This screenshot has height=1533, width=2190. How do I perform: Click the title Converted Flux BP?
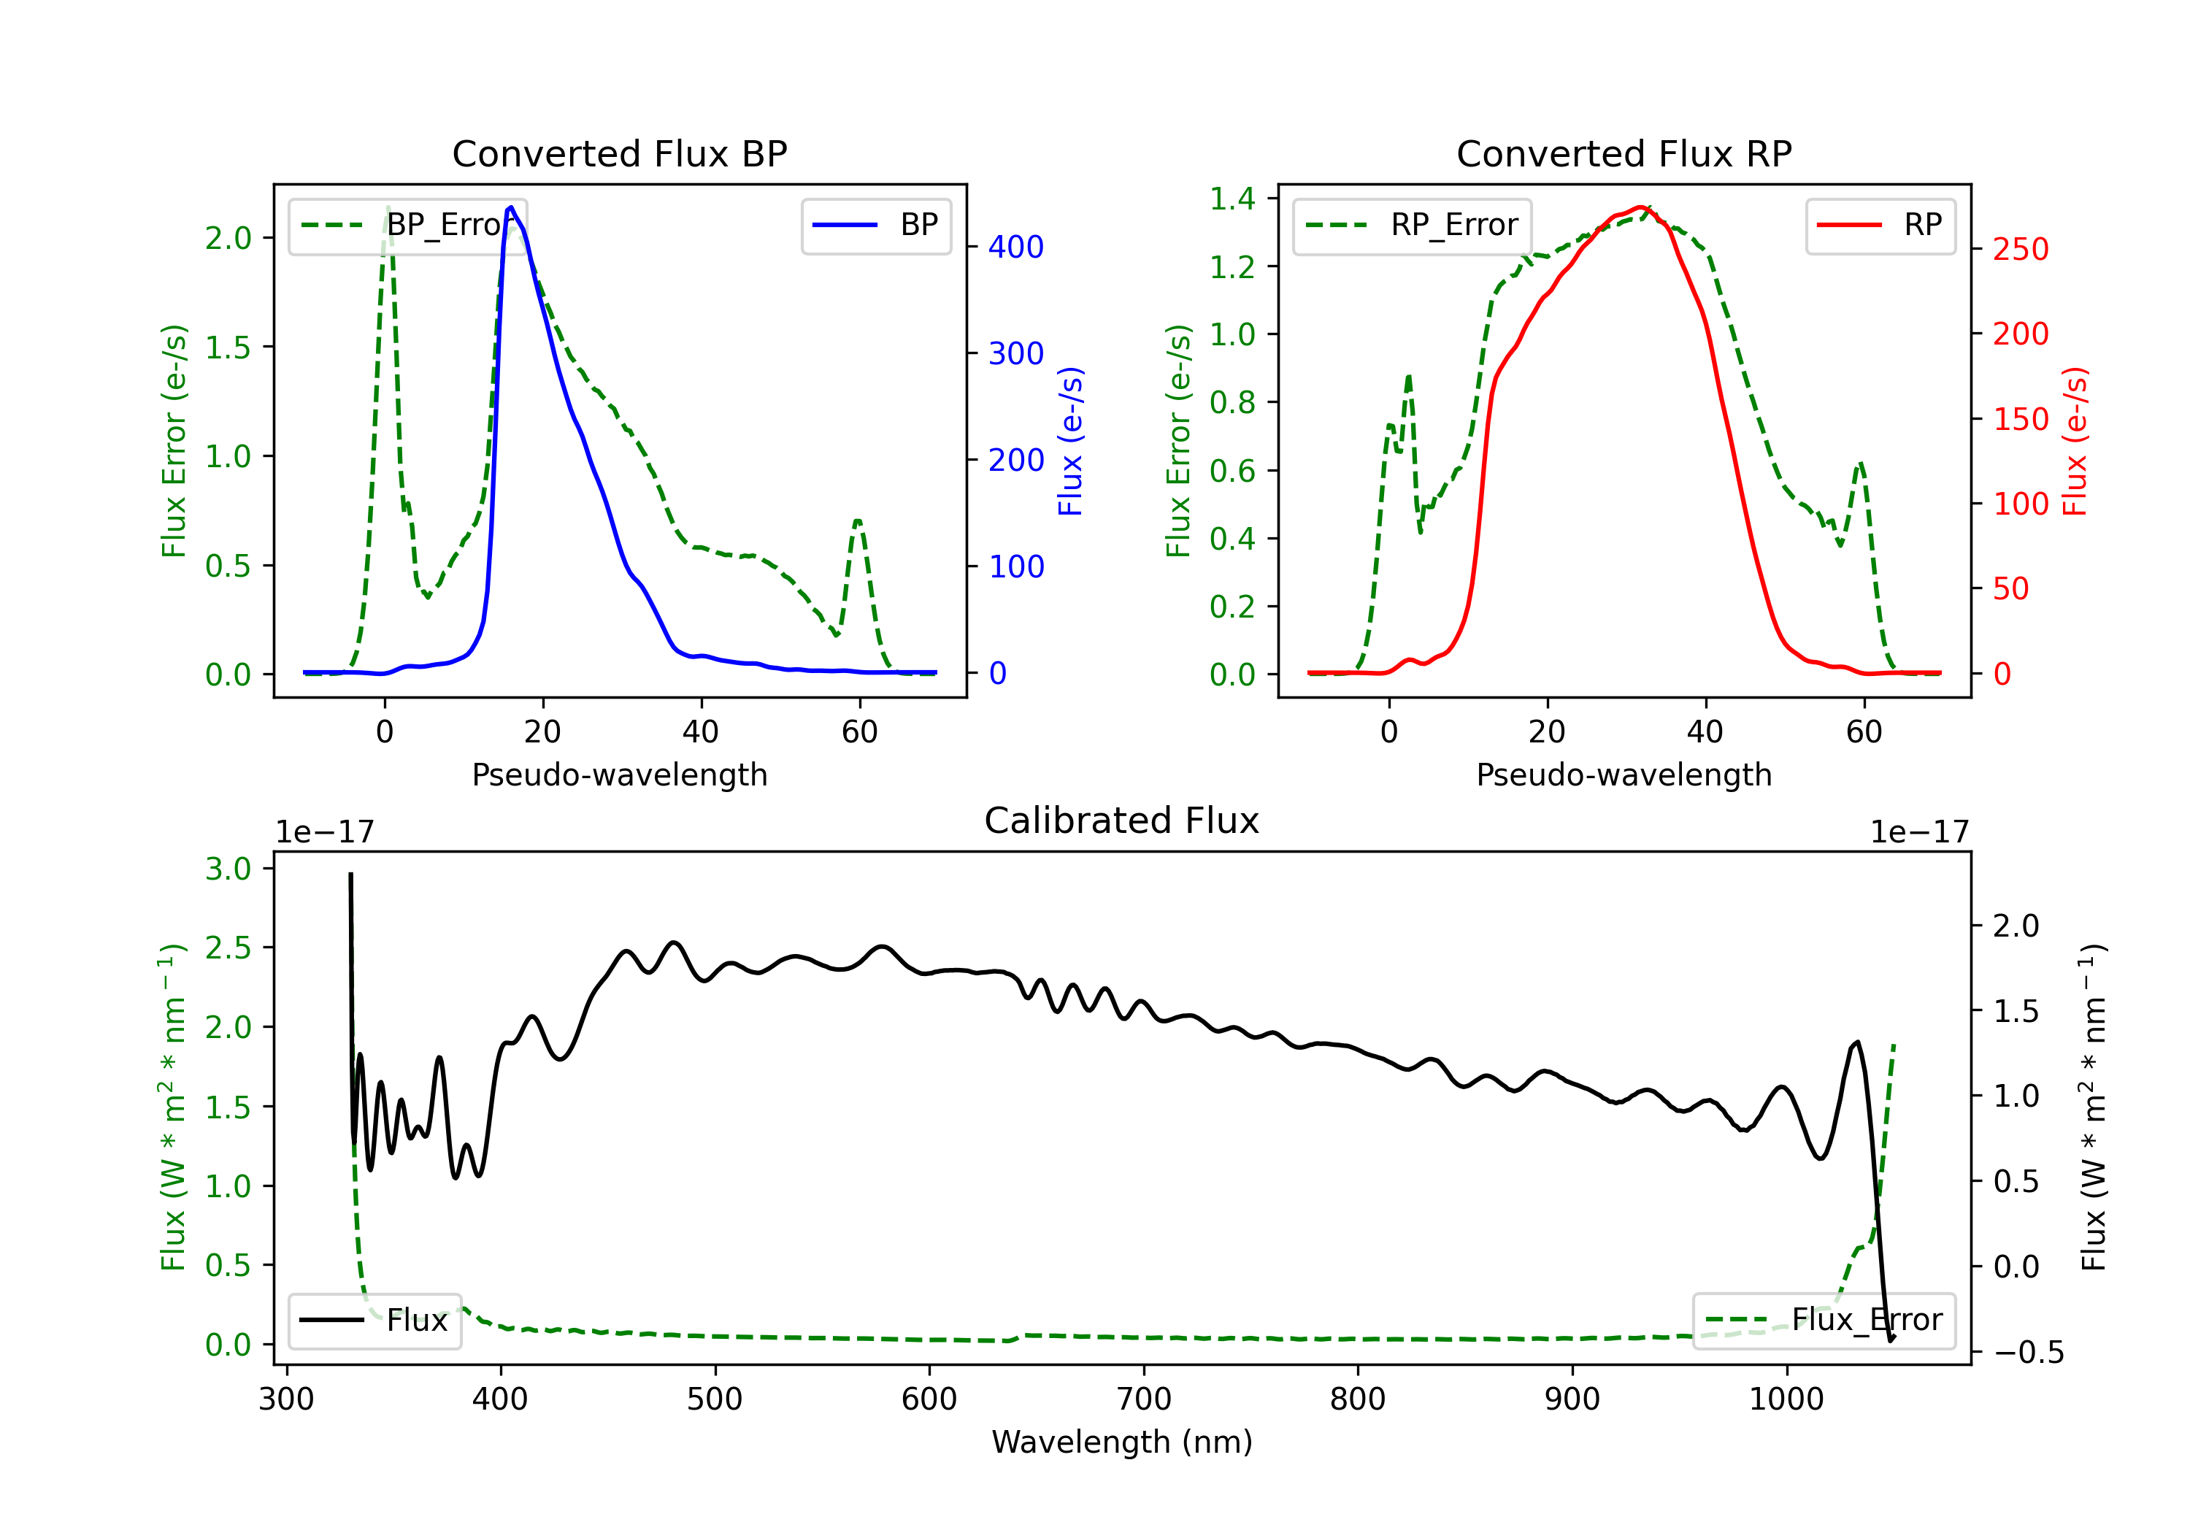point(620,153)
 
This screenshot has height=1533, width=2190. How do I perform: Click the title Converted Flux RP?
point(1624,153)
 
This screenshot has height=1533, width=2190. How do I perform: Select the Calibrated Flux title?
point(1122,821)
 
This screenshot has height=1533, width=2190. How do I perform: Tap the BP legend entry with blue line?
point(875,225)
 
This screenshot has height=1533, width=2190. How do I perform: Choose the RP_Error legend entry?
point(1412,225)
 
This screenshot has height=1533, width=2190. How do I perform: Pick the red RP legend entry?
point(1880,225)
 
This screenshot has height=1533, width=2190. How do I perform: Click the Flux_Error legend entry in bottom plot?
point(1824,1321)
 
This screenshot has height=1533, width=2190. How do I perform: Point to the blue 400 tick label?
point(1016,247)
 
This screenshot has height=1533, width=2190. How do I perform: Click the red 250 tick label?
point(2020,250)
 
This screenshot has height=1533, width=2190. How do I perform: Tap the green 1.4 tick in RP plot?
point(1232,199)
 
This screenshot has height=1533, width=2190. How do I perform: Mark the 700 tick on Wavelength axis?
point(1144,1399)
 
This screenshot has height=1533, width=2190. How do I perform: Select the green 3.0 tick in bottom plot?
point(228,869)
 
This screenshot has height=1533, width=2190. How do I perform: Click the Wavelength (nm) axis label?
point(1122,1442)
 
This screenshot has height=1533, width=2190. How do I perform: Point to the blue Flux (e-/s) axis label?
point(1070,441)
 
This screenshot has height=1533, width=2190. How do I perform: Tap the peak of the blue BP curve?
point(511,207)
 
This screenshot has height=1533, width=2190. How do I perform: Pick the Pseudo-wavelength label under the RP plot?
point(1624,775)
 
